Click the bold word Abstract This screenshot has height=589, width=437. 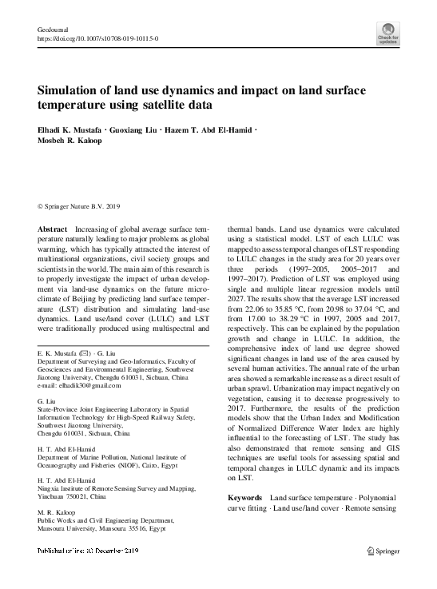53,229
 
